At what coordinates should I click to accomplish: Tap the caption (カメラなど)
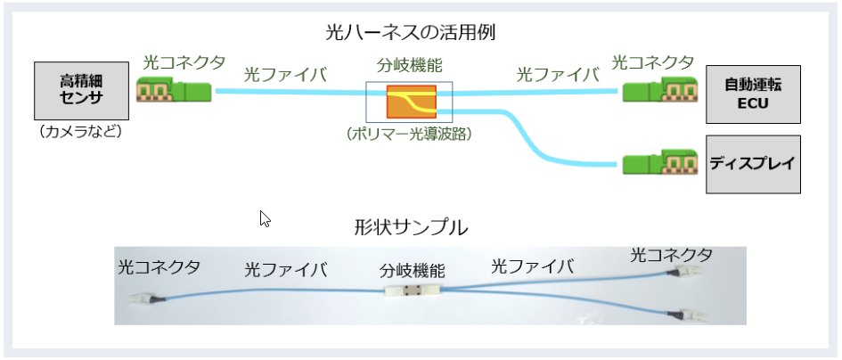point(75,133)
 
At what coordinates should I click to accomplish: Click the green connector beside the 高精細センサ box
point(174,91)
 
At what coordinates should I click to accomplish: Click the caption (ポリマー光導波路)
point(409,135)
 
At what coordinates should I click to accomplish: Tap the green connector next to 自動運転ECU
point(659,91)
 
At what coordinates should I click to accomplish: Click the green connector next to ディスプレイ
point(660,165)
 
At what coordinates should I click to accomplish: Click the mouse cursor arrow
point(265,218)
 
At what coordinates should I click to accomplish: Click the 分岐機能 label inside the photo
point(412,269)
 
